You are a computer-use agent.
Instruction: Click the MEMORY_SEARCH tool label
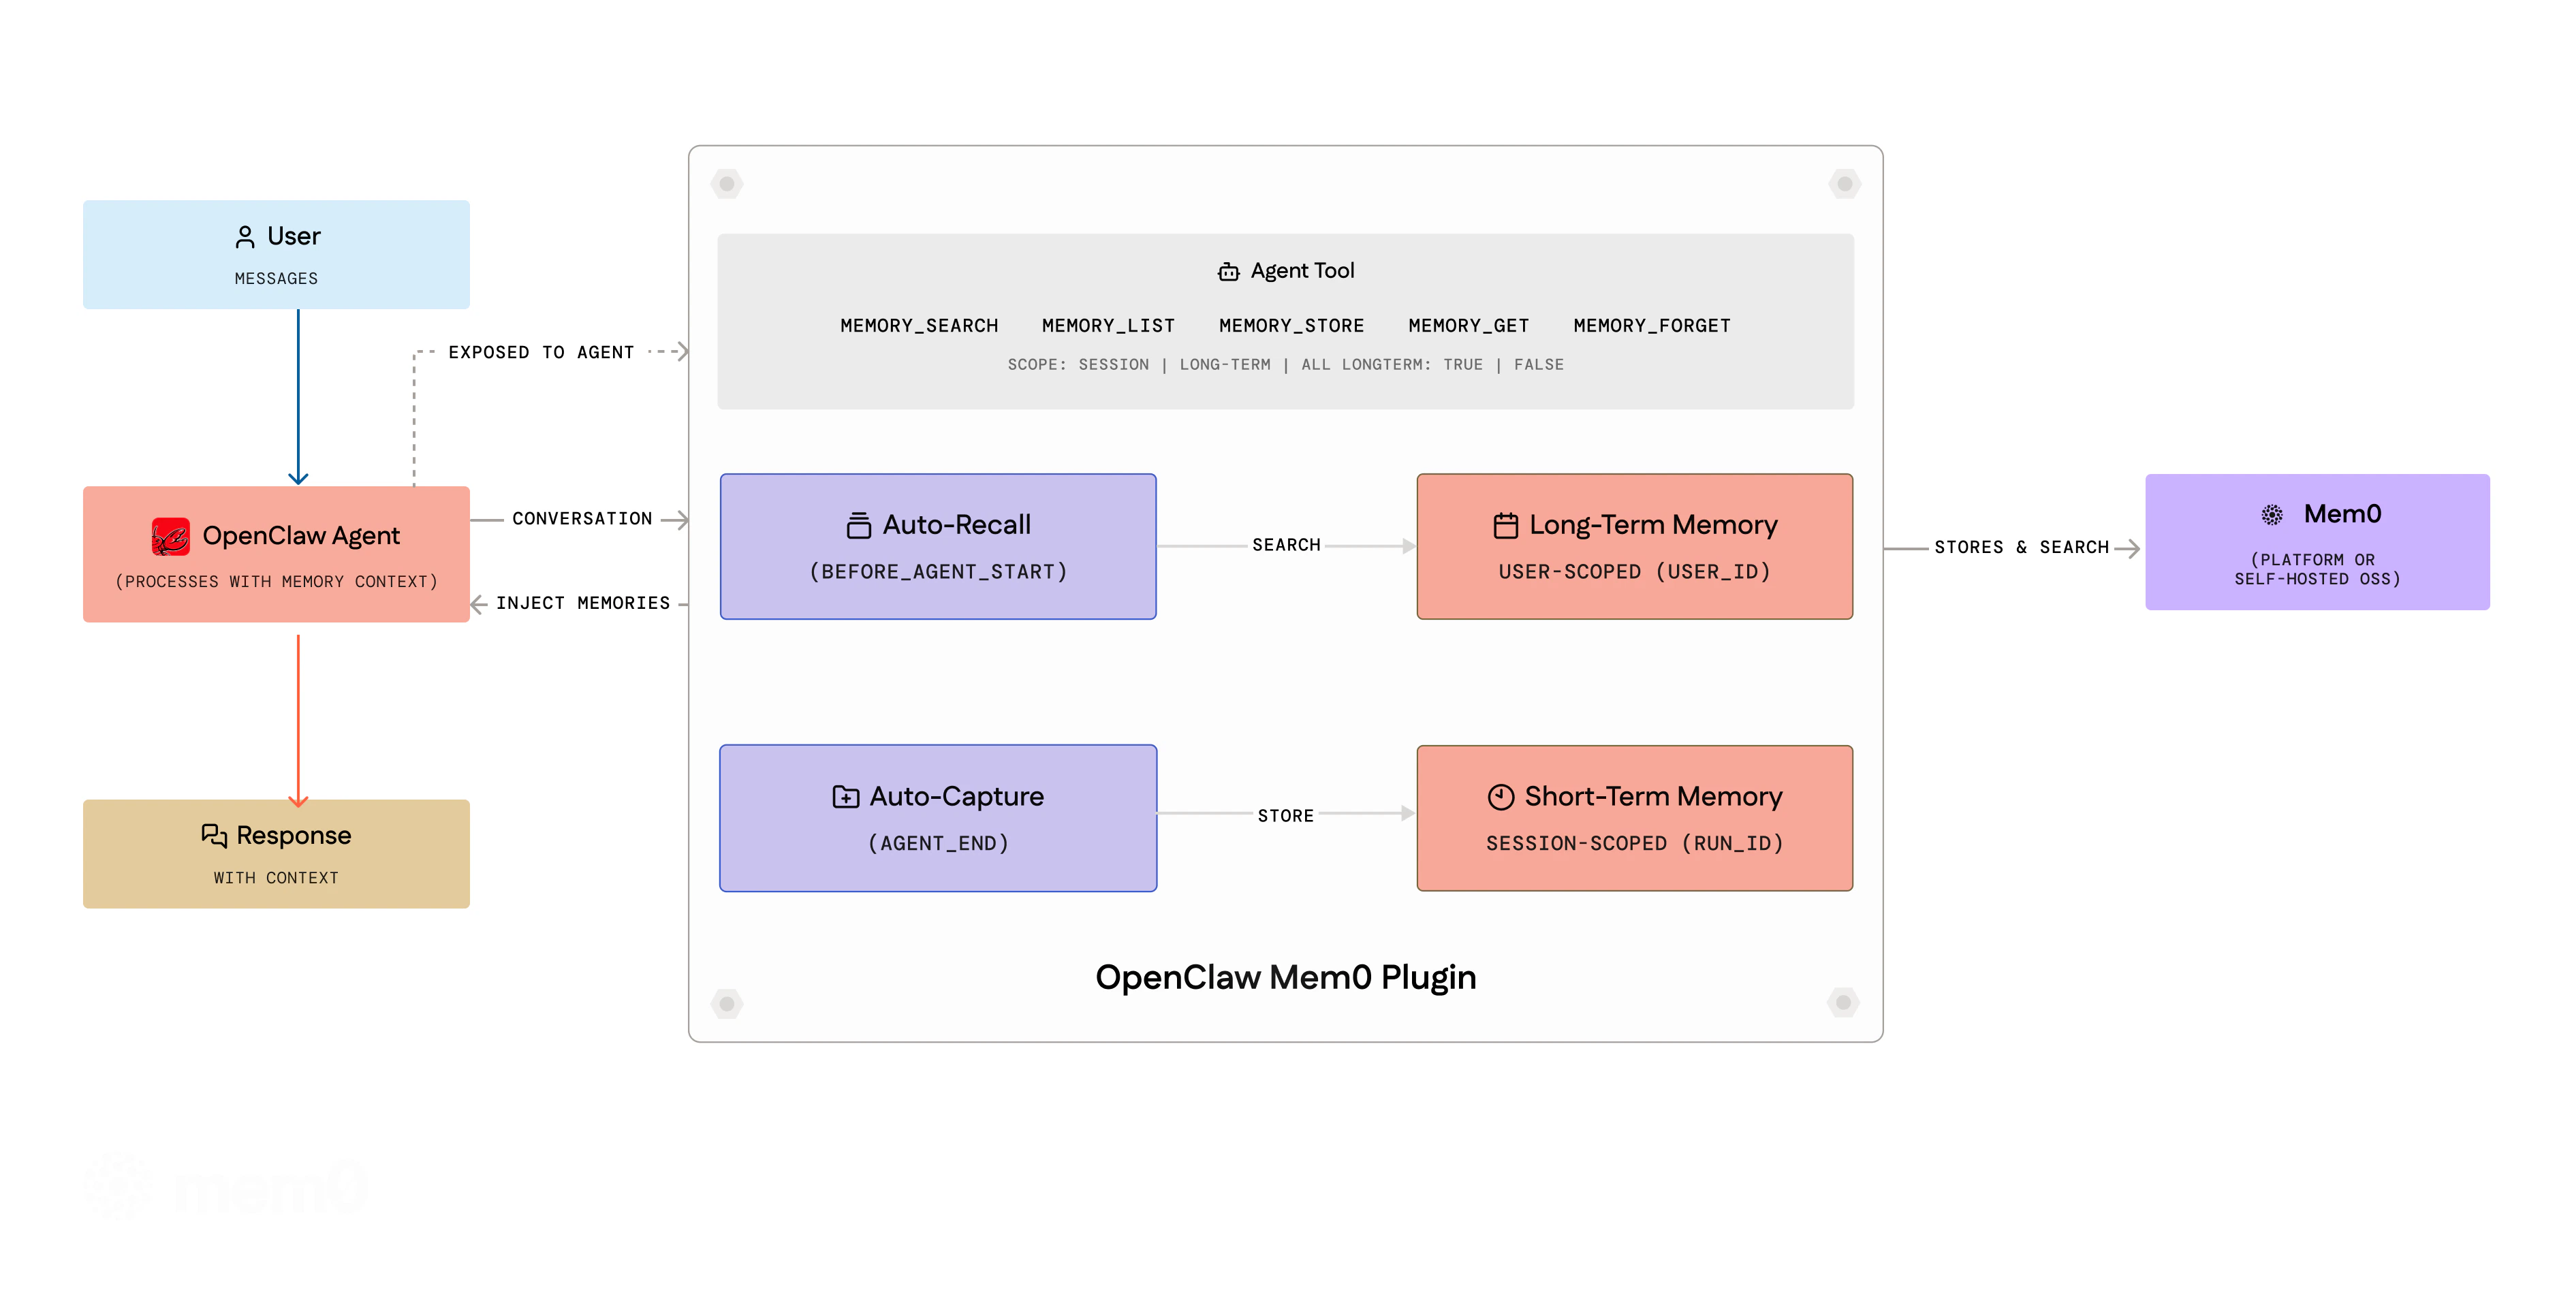tap(919, 326)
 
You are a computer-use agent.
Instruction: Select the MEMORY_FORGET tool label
tap(1651, 326)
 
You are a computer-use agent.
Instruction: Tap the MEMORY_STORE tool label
tap(1291, 326)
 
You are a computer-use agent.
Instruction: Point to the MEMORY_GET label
tap(1468, 326)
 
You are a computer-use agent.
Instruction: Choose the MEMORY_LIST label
tap(1108, 326)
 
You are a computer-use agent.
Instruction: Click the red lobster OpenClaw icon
tap(171, 536)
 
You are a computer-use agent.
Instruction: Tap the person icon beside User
tap(245, 236)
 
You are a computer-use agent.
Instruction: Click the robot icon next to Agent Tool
tap(1228, 272)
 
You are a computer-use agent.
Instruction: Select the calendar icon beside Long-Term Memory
tap(1505, 525)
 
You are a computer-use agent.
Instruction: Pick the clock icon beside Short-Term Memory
tap(1501, 797)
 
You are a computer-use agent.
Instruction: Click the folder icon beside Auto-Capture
tap(846, 797)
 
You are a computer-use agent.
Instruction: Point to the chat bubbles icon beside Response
tap(214, 835)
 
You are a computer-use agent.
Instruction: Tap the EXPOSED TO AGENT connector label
tap(541, 353)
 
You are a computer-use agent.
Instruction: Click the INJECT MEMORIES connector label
tap(583, 603)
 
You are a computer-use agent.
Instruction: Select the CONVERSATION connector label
tap(582, 519)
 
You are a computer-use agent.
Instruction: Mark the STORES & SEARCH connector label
tap(2021, 547)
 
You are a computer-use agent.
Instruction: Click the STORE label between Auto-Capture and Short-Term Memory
tap(1285, 816)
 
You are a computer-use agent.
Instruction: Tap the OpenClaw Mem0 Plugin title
tap(1285, 977)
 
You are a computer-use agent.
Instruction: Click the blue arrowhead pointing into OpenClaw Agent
tap(298, 478)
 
